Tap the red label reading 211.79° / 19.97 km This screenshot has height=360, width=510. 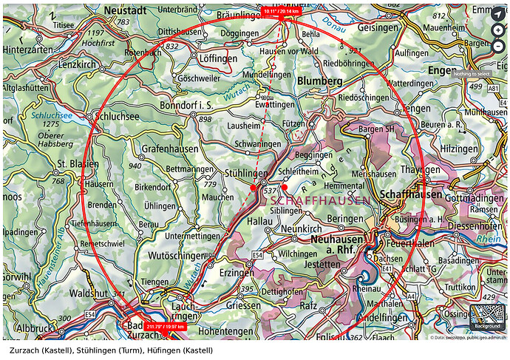pos(165,326)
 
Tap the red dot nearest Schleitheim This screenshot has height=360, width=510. pos(285,188)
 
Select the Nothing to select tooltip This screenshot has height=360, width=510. pos(472,74)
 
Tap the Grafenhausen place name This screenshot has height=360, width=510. pos(167,148)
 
